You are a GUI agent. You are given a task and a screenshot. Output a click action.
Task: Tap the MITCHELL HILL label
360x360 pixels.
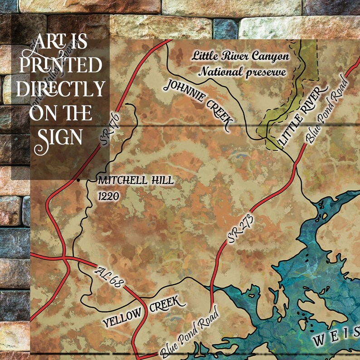click(x=136, y=180)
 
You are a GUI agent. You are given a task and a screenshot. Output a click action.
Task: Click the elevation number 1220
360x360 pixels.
click(x=108, y=196)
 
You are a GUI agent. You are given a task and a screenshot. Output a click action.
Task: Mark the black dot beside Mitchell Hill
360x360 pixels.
click(x=79, y=180)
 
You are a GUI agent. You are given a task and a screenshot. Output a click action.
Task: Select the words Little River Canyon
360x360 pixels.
click(x=240, y=56)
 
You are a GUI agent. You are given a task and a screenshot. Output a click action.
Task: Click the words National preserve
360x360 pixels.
click(x=242, y=72)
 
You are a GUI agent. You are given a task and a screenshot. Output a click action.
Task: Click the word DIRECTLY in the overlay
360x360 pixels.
click(x=60, y=89)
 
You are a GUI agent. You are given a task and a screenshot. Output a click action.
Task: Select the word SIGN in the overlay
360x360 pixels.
click(x=60, y=135)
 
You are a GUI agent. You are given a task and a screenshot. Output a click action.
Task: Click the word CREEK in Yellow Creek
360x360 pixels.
click(x=167, y=304)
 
